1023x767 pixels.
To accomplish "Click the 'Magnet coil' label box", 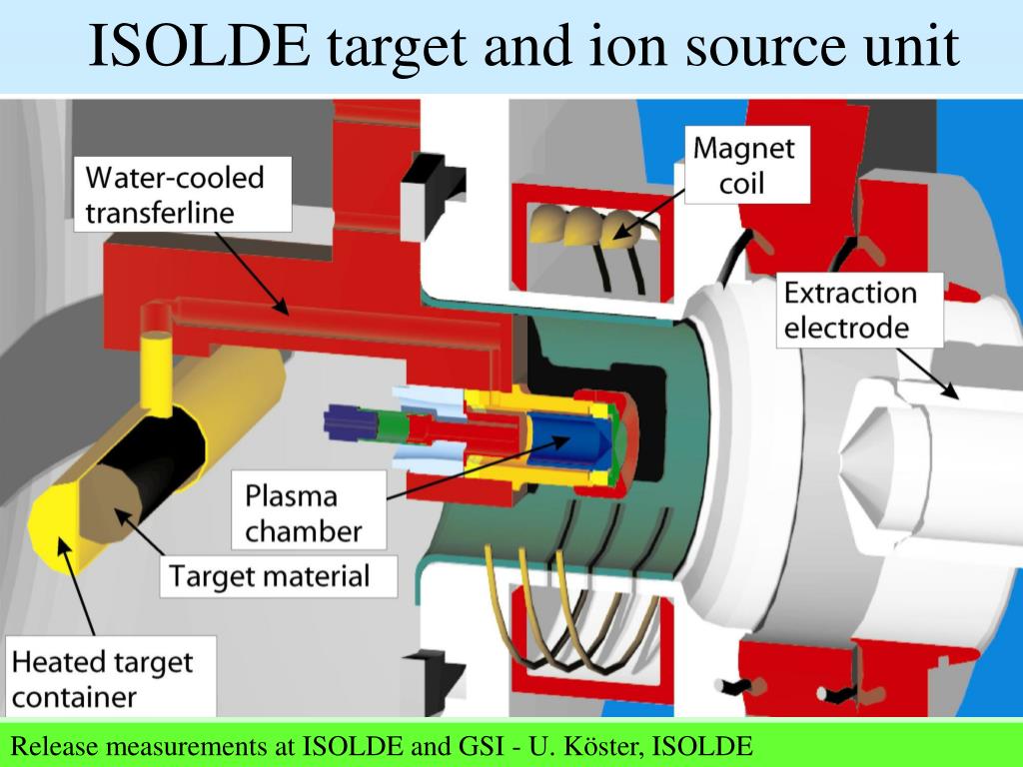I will (744, 166).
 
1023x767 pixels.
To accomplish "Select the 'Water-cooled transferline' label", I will (175, 195).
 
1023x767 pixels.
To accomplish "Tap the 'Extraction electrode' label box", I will (849, 310).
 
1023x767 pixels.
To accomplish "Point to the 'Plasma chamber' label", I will (304, 512).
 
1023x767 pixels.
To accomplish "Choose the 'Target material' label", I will (269, 576).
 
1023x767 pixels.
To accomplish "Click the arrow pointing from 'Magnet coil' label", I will (654, 214).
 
